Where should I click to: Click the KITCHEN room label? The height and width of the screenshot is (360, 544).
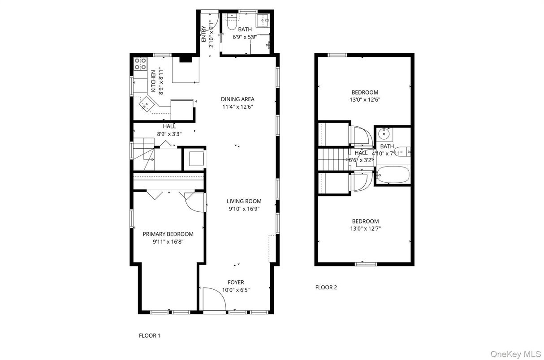click(153, 81)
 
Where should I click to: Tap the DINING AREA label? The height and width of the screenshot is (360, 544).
click(237, 99)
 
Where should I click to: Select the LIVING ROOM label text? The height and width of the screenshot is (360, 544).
click(244, 201)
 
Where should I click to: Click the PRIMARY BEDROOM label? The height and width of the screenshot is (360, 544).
click(168, 234)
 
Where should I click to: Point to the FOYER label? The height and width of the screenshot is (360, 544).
click(236, 283)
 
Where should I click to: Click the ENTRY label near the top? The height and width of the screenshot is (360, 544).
click(204, 34)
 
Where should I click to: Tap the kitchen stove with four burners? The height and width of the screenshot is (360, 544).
click(140, 64)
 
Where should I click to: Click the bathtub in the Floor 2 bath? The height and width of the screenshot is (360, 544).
click(393, 174)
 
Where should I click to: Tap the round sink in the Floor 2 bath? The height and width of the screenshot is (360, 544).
click(384, 133)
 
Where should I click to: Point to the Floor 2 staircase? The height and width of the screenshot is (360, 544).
click(334, 159)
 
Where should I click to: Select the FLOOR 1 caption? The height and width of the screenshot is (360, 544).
click(149, 335)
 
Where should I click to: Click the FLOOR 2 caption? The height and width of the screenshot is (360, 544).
click(326, 287)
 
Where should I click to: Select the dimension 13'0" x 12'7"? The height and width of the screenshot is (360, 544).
click(365, 228)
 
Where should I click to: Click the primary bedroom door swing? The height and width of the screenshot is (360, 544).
click(194, 202)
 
